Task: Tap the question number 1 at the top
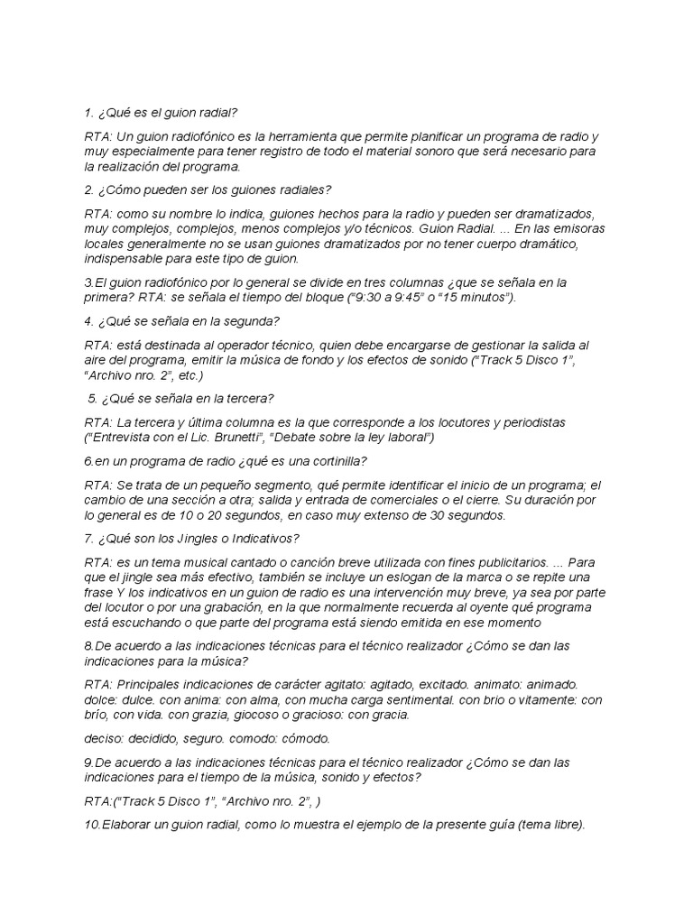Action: pos(88,114)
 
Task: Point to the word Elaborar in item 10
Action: pos(129,824)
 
